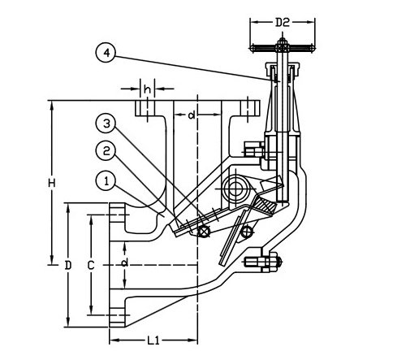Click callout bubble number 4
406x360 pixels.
[x=106, y=53]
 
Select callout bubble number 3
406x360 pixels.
[x=106, y=124]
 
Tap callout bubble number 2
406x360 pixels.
[x=106, y=150]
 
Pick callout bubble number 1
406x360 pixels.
[x=106, y=180]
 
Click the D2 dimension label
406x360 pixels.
[x=283, y=23]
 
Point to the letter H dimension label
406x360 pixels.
[x=52, y=183]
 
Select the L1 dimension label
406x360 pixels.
[x=153, y=340]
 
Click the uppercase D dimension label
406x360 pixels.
[x=67, y=265]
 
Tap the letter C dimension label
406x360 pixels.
[x=91, y=265]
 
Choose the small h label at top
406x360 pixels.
[x=147, y=89]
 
